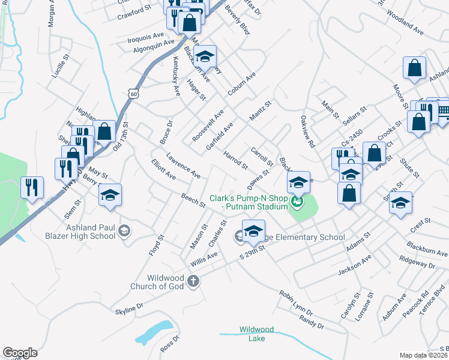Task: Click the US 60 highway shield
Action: [x=134, y=94]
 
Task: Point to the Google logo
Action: [x=20, y=353]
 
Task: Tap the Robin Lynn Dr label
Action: [x=295, y=304]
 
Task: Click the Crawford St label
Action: [x=134, y=11]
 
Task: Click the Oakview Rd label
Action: [x=308, y=131]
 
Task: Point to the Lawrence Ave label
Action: [x=183, y=165]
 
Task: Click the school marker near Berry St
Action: [x=110, y=195]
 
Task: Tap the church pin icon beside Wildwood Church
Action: [x=193, y=280]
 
